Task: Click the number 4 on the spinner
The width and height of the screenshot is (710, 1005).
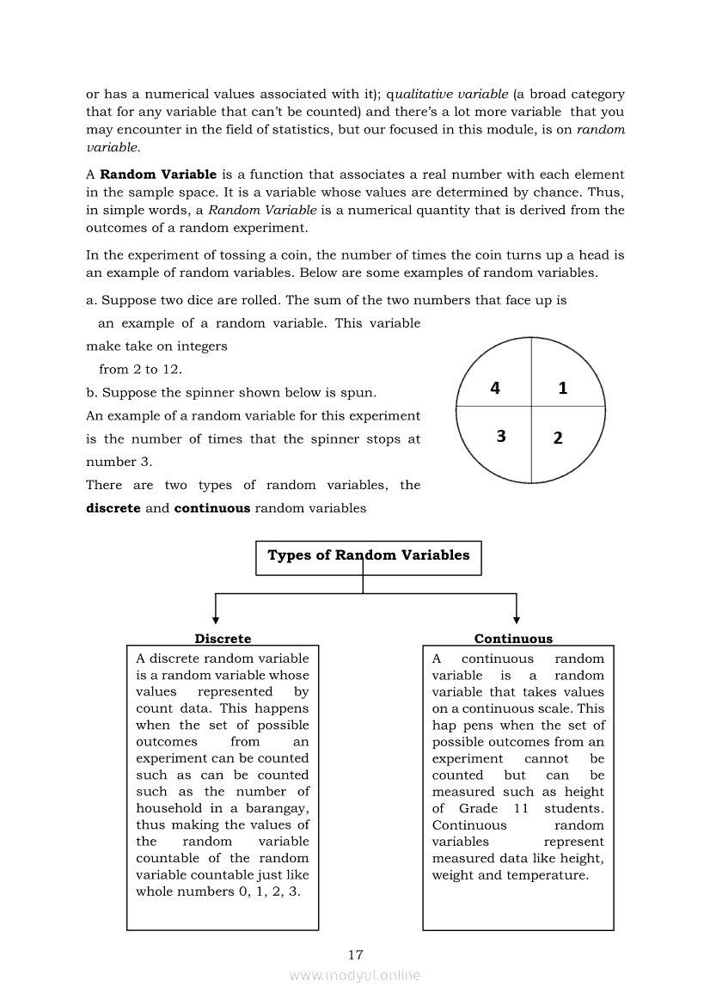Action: pos(495,389)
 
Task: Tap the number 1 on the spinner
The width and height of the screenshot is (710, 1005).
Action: pos(563,389)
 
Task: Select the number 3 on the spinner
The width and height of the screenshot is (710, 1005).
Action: pos(501,437)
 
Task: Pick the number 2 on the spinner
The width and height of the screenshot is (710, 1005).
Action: pos(558,438)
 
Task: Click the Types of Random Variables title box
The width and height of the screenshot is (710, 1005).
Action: pos(369,556)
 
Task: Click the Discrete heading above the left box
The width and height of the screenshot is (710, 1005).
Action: pos(223,639)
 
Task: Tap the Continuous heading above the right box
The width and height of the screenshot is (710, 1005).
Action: pos(513,639)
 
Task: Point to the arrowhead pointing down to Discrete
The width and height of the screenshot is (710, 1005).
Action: pos(215,619)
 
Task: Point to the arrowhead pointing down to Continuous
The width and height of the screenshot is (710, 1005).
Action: pos(517,619)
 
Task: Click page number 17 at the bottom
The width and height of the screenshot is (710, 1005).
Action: pos(356,954)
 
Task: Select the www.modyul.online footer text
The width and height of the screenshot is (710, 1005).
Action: pos(355,976)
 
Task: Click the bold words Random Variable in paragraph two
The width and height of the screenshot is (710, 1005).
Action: pos(158,175)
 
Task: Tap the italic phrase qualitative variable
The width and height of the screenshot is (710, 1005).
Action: pos(448,94)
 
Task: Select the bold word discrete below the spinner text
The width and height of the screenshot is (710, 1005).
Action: pos(113,508)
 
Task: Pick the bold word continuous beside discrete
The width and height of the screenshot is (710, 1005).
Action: pos(211,508)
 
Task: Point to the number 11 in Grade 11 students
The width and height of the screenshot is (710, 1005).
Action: pos(521,808)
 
